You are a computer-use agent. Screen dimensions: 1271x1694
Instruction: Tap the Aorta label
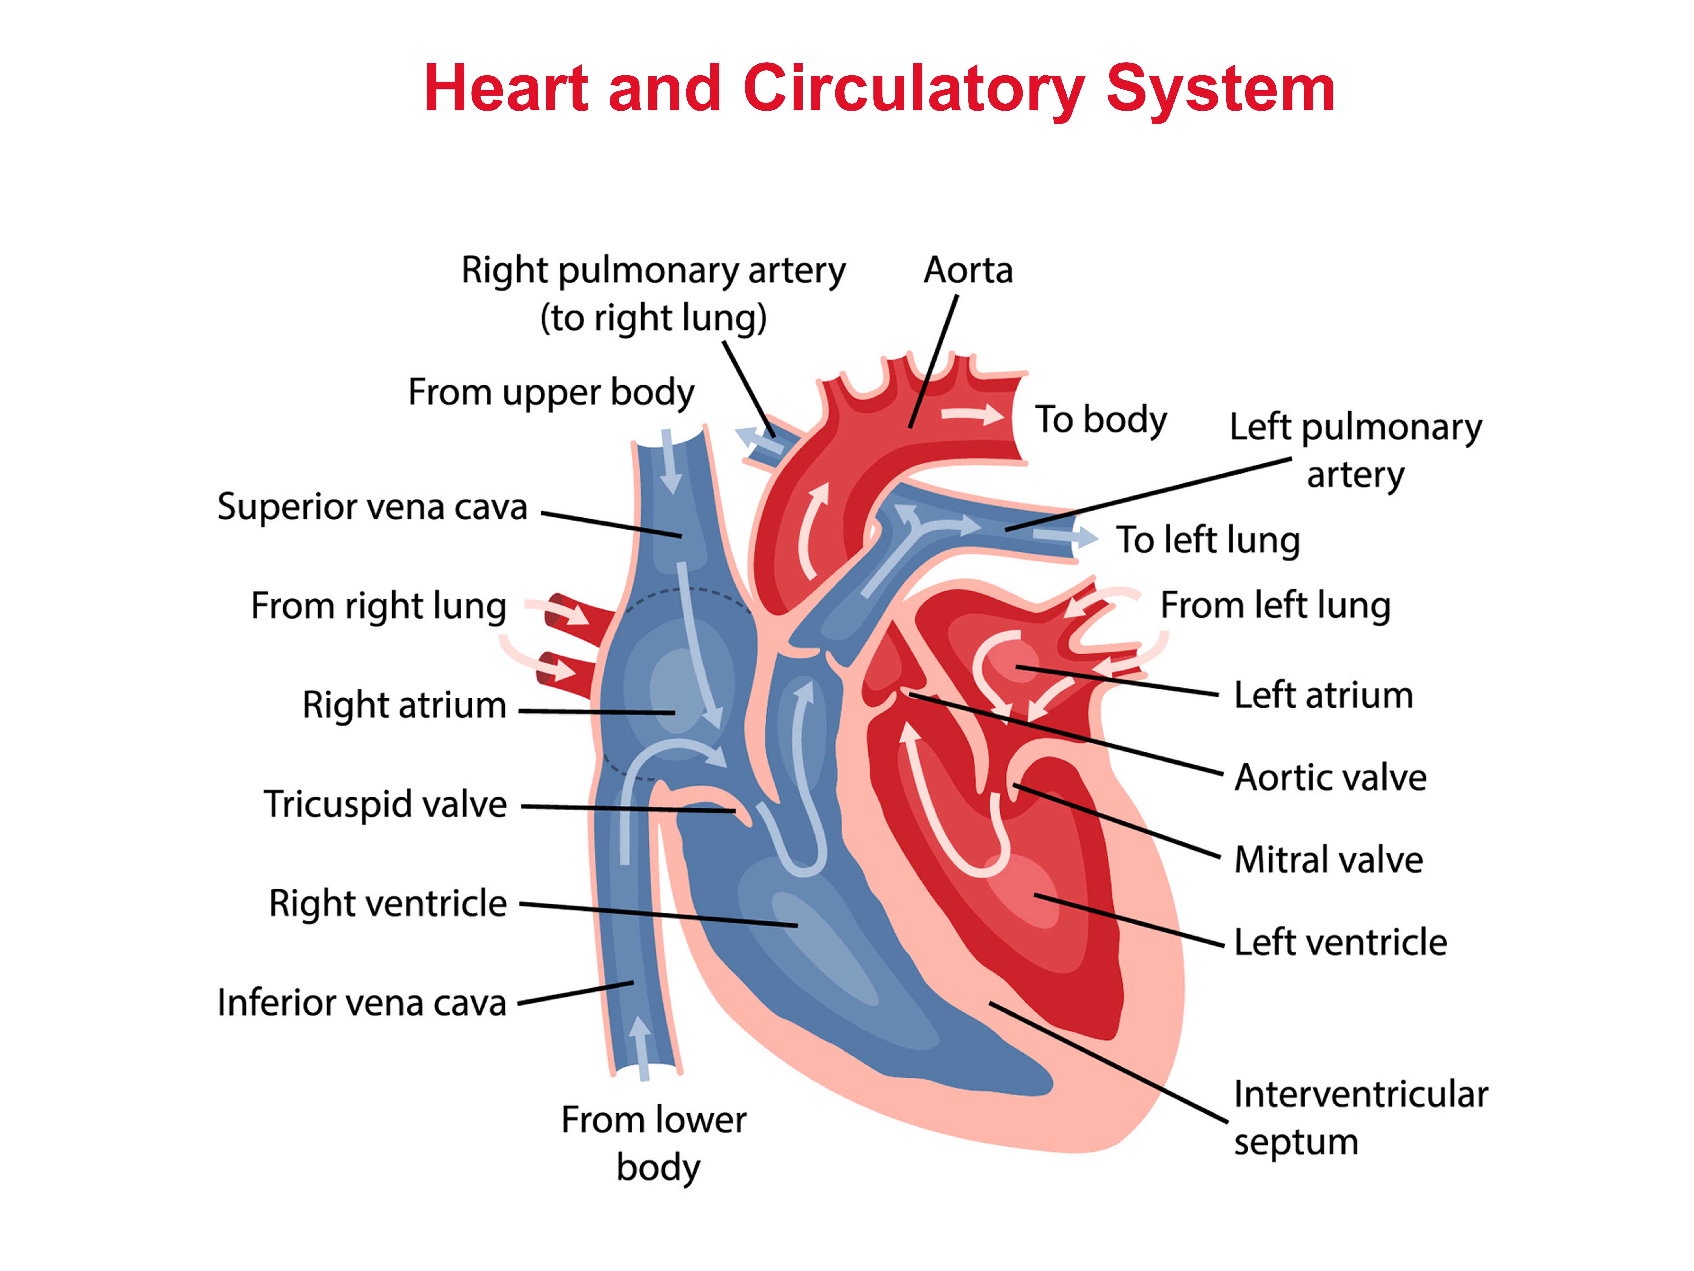[x=968, y=270]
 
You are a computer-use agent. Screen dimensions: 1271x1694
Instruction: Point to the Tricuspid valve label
[x=385, y=804]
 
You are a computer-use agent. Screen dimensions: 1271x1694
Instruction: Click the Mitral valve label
[x=1329, y=860]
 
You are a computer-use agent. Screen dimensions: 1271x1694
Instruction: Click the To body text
[x=1101, y=420]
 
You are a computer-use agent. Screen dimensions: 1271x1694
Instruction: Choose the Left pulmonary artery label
[x=1356, y=450]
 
